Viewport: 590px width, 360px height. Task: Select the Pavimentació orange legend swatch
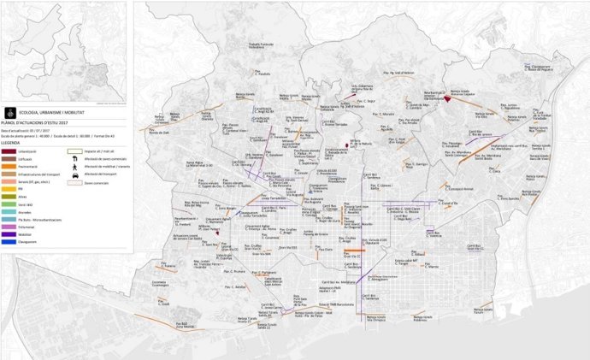coord(11,167)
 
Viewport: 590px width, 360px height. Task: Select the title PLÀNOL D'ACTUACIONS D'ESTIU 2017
coord(43,121)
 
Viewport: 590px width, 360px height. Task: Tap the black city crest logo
coord(11,111)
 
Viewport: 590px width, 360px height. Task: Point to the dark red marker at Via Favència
coord(446,99)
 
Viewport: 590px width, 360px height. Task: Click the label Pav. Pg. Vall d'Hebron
coord(369,75)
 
